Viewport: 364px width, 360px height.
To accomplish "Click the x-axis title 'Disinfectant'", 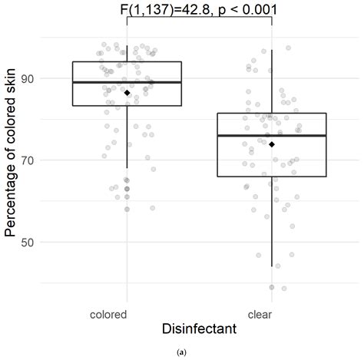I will [x=199, y=329].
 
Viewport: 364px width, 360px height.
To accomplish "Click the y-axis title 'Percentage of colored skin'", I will [x=10, y=163].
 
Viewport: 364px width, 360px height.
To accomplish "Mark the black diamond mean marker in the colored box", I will [x=127, y=93].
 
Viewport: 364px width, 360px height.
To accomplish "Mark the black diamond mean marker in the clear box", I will [x=272, y=144].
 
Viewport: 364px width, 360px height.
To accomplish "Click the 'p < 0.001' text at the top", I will [x=238, y=9].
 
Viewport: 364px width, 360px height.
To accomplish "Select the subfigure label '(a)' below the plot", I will [x=181, y=352].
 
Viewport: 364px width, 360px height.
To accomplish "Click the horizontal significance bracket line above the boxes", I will [x=199, y=19].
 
